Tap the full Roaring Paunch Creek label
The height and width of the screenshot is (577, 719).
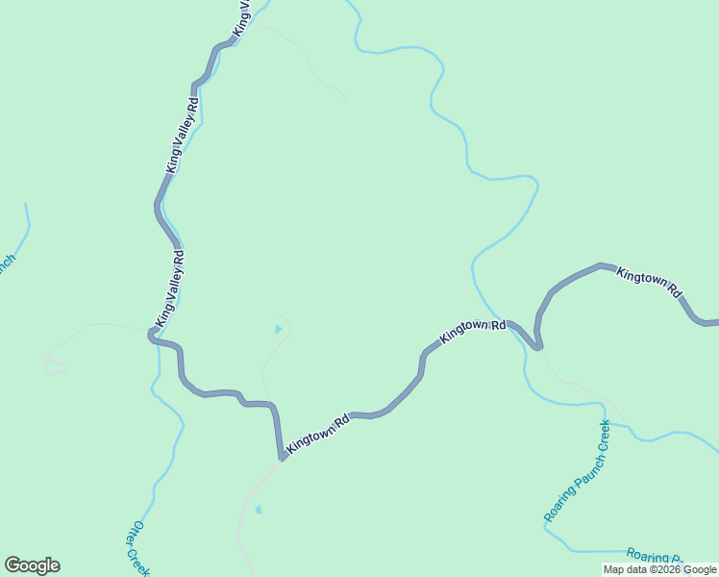point(578,471)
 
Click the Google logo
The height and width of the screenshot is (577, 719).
point(32,565)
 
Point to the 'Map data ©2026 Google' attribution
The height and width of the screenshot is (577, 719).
point(659,569)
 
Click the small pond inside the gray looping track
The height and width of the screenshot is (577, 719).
point(279,330)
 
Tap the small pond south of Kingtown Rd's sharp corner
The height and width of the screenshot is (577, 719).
point(258,509)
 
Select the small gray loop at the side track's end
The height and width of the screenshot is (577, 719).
point(56,366)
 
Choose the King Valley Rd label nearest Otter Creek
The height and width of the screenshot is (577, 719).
point(170,288)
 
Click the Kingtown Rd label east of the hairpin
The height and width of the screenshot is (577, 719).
point(650,281)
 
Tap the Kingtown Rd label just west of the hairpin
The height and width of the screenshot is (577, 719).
point(473,332)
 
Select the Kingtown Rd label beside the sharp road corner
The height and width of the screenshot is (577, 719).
point(317,435)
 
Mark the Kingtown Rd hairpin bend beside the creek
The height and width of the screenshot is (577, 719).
point(537,344)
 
